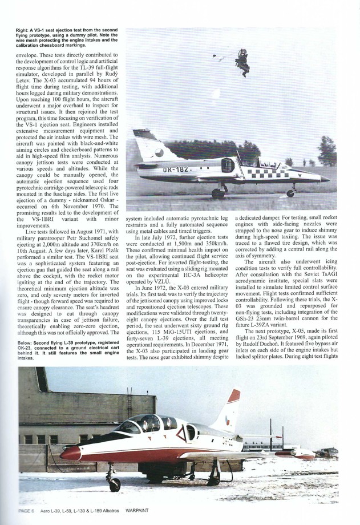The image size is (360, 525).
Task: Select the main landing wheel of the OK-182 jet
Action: (x=218, y=193)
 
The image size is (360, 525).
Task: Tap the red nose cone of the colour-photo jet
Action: (x=70, y=454)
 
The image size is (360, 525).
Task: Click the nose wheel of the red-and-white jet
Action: (x=115, y=484)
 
